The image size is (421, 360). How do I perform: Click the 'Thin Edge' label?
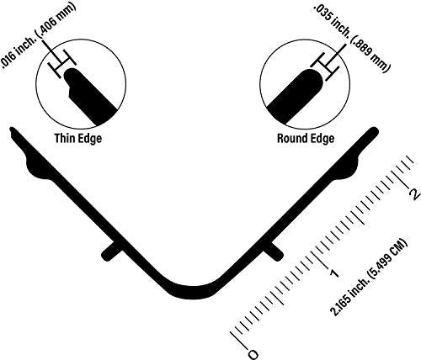tap(78, 139)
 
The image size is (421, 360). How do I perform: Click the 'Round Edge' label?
tap(306, 139)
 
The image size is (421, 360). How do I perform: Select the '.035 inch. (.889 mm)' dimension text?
tap(352, 38)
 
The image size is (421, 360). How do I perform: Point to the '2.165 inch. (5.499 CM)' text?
tap(369, 278)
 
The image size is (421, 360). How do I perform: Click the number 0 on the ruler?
tap(253, 354)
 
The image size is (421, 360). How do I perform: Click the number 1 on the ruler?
tap(334, 273)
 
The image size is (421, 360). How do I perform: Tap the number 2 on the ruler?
tap(415, 193)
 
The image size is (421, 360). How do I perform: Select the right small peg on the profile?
tap(274, 251)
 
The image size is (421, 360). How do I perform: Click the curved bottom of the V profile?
tap(193, 292)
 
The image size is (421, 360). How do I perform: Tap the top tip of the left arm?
tap(12, 130)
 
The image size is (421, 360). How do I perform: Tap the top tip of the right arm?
tap(375, 130)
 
